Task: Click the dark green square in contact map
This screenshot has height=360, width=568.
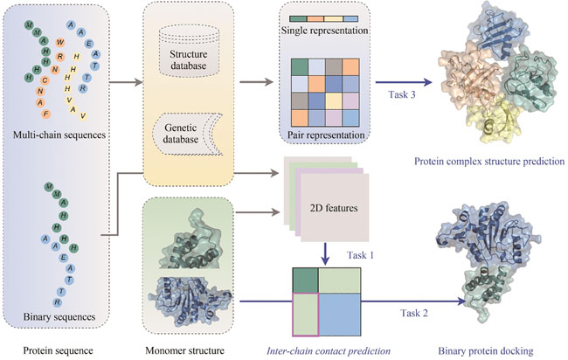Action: tap(304, 282)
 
